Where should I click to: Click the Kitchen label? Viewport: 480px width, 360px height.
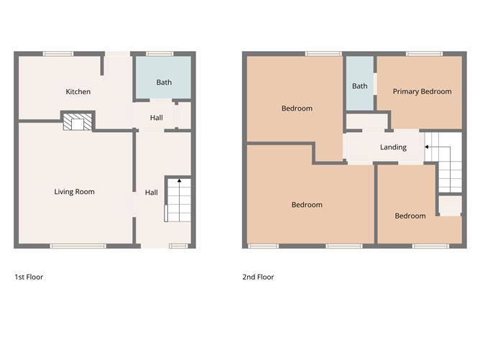78,91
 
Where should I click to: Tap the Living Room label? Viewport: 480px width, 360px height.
75,192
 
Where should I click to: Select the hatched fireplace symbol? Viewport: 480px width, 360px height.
78,122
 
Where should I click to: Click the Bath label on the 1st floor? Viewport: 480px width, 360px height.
164,83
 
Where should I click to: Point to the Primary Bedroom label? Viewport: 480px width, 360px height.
422,91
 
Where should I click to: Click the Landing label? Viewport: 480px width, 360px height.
393,147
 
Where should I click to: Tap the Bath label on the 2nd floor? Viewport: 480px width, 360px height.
360,86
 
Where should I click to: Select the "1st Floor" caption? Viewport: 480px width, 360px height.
29,277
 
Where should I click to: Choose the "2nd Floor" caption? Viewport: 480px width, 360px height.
258,277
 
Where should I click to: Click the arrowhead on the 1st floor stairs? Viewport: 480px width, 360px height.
179,180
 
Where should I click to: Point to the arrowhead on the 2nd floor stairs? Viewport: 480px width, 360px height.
426,147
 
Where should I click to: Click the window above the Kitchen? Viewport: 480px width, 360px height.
58,54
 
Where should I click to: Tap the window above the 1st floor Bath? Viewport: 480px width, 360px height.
160,54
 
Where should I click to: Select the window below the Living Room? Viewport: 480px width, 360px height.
78,246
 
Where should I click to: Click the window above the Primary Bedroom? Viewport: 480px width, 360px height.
424,54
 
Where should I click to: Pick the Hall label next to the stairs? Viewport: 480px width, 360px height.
152,193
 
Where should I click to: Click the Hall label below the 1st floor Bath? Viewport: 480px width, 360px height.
157,118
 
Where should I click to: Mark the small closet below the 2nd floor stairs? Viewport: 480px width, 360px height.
451,206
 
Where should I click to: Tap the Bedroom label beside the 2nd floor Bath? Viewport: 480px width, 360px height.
297,109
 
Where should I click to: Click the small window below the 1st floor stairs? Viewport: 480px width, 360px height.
178,246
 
